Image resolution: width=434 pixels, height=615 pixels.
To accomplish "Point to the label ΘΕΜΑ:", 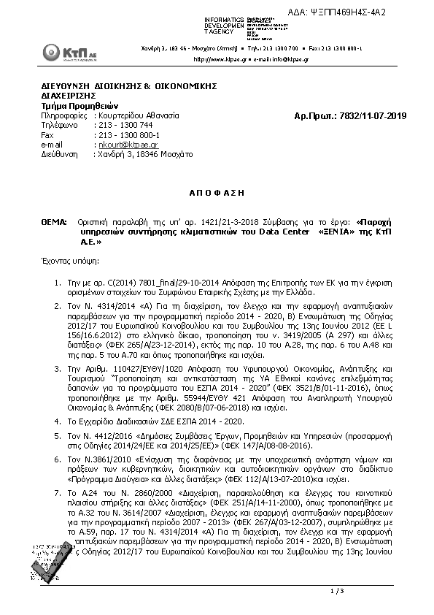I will (x=52, y=220).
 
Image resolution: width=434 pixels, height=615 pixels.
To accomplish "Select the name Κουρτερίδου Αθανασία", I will (x=139, y=116).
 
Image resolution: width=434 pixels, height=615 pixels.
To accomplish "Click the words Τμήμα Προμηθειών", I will (x=71, y=106).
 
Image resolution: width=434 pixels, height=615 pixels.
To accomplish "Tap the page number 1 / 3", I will (x=337, y=590).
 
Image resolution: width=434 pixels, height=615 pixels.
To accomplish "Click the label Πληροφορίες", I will (x=65, y=116).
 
